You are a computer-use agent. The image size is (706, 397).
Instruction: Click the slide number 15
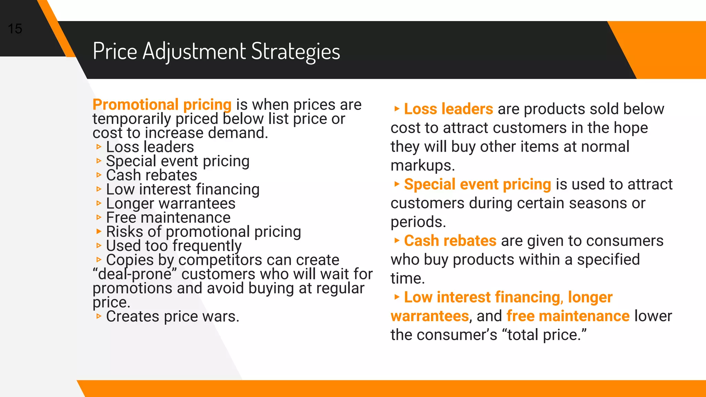pos(15,29)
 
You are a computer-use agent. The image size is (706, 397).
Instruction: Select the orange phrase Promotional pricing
pos(162,105)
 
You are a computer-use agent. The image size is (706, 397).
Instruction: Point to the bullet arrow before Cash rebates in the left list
pos(99,175)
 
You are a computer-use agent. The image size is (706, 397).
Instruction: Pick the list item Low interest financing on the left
pos(183,190)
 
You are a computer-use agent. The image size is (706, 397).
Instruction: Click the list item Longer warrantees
pos(171,204)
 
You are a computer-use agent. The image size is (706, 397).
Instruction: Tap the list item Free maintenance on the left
pos(168,218)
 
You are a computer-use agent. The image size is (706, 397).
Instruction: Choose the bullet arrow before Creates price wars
pos(99,316)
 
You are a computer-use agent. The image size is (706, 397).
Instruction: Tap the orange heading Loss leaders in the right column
pos(448,109)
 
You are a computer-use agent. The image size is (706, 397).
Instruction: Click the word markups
pos(423,166)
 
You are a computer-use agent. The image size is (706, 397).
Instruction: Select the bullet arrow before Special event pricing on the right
pos(397,184)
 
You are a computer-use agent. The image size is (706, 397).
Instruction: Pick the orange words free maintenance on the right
pos(568,316)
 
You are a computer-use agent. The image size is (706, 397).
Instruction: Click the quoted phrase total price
pos(545,335)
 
